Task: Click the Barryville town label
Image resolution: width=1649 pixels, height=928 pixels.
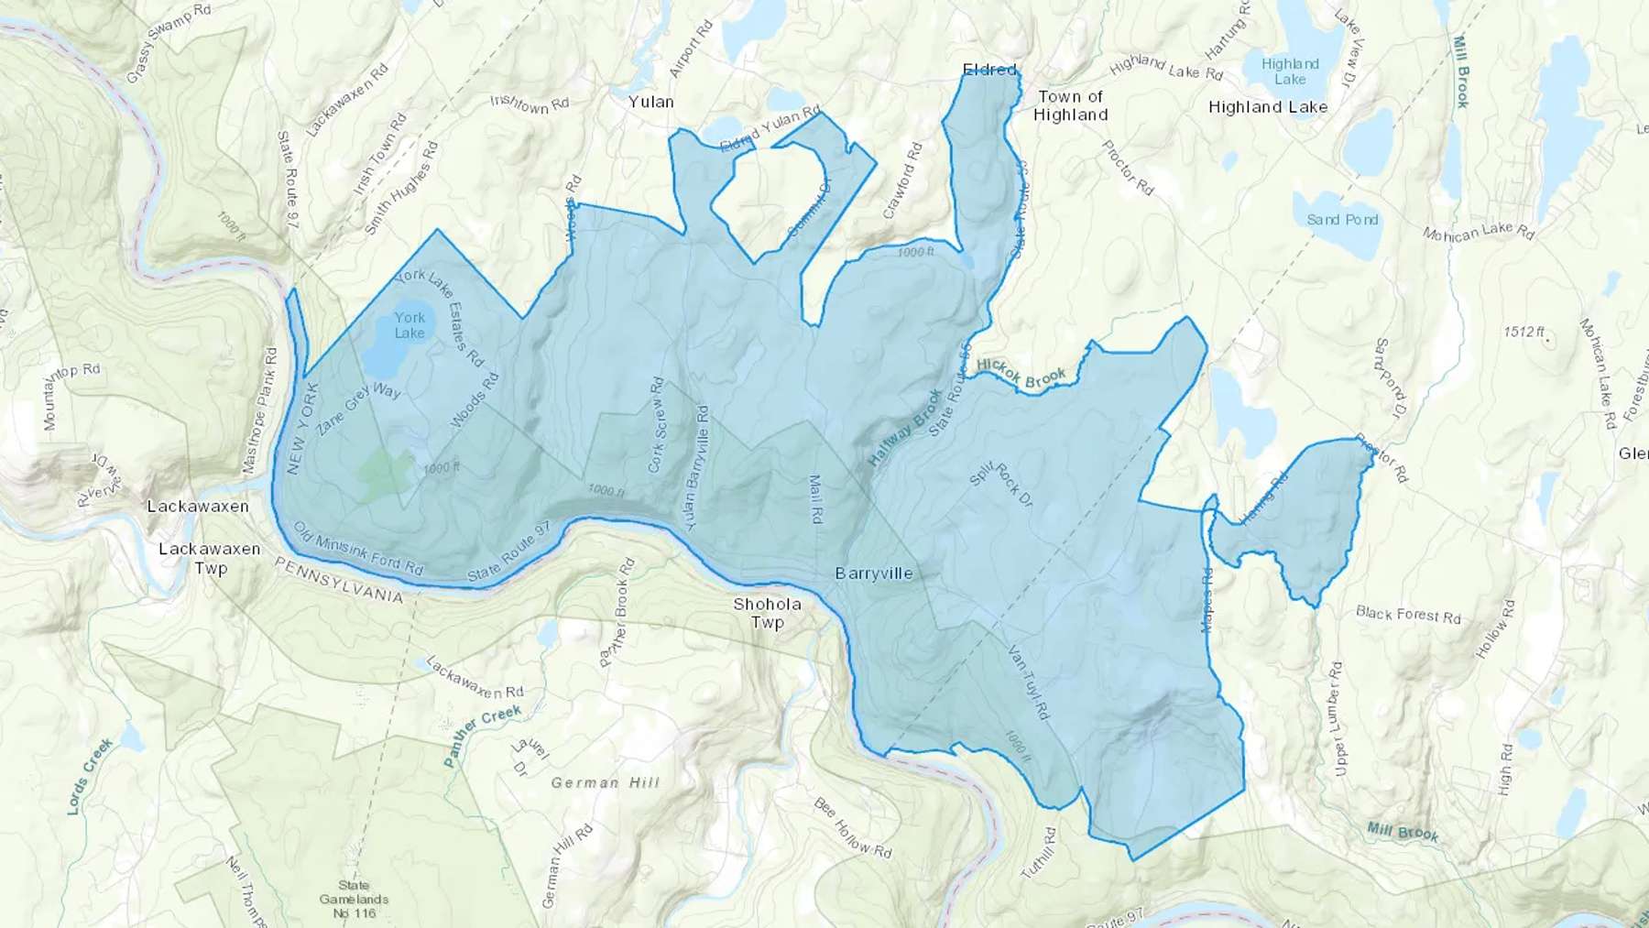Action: tap(873, 573)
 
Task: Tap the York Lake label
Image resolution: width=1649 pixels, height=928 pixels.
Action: tap(410, 325)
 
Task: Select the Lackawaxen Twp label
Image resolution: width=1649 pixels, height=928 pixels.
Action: tap(210, 558)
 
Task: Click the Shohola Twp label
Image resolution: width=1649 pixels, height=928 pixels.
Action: tap(767, 613)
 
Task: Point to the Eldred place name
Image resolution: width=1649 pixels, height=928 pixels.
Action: tap(989, 70)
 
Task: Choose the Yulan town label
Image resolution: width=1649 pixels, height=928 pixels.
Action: tap(650, 102)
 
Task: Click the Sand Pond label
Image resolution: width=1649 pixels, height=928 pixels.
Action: tap(1342, 220)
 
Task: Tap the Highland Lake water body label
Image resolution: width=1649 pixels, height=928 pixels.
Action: tap(1290, 71)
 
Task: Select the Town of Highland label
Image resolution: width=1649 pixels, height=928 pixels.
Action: tap(1071, 105)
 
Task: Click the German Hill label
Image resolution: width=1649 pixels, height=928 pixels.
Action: tap(605, 782)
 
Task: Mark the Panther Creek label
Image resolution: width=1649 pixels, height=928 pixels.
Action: tap(482, 733)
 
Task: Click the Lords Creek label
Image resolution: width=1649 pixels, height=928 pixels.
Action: tap(90, 776)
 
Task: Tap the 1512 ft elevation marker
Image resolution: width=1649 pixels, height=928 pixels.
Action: tap(1524, 332)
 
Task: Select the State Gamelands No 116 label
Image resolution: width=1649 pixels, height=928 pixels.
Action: tap(354, 899)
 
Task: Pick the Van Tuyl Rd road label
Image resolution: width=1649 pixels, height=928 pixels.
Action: tap(1027, 682)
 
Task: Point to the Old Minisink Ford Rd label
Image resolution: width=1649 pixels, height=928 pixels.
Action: tap(358, 548)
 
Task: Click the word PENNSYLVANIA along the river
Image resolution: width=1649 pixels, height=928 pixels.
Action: tap(339, 583)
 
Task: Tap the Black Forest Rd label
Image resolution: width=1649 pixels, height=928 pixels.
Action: tap(1408, 614)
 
